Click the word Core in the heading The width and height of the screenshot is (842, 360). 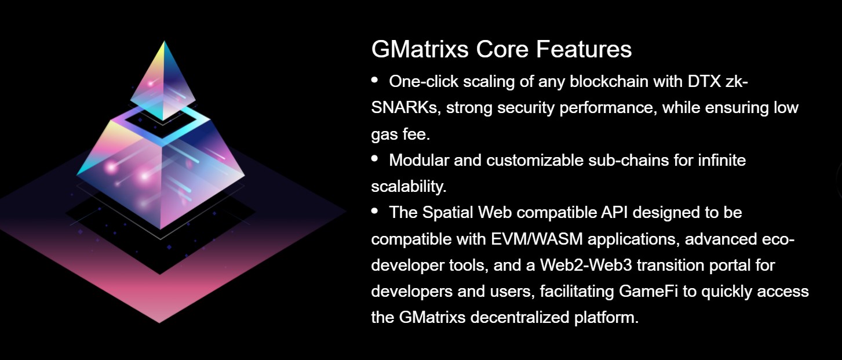[502, 49]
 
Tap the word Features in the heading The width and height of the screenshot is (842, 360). [584, 49]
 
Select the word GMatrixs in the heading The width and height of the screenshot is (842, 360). [420, 49]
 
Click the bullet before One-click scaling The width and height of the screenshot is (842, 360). [374, 80]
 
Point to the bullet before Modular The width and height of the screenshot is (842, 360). [374, 158]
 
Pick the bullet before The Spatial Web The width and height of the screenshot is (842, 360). [374, 210]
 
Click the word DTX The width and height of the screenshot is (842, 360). [704, 81]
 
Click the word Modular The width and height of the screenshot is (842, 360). [419, 160]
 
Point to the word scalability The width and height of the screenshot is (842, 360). [409, 187]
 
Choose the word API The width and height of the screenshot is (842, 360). [614, 213]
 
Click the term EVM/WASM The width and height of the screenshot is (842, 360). [537, 239]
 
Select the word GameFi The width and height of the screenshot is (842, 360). [648, 292]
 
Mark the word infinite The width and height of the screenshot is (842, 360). [721, 160]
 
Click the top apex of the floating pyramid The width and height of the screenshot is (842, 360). [164, 41]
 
